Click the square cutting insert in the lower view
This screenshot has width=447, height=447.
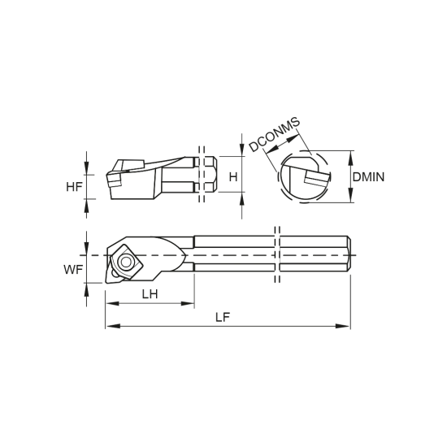click(x=123, y=261)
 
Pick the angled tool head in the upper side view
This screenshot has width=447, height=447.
click(x=132, y=176)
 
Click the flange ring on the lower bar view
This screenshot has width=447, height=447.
click(x=278, y=254)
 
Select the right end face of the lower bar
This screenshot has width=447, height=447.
click(x=348, y=254)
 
